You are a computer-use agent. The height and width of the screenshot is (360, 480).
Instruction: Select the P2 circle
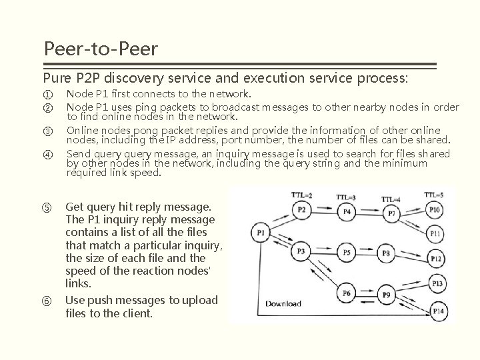(x=301, y=211)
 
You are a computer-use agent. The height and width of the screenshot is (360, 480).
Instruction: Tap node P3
(x=301, y=251)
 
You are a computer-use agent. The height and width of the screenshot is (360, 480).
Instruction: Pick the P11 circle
(x=435, y=233)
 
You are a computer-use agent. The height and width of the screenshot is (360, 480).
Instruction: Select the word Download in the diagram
(x=283, y=304)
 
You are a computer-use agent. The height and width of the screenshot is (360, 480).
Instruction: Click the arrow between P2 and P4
(x=324, y=212)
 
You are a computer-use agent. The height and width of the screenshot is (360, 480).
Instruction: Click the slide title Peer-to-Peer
(x=100, y=49)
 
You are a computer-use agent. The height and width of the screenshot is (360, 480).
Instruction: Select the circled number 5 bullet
(x=47, y=207)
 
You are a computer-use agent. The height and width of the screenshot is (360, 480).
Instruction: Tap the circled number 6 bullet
(x=47, y=300)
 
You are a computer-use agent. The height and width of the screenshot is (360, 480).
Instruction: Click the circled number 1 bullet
(x=47, y=94)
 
